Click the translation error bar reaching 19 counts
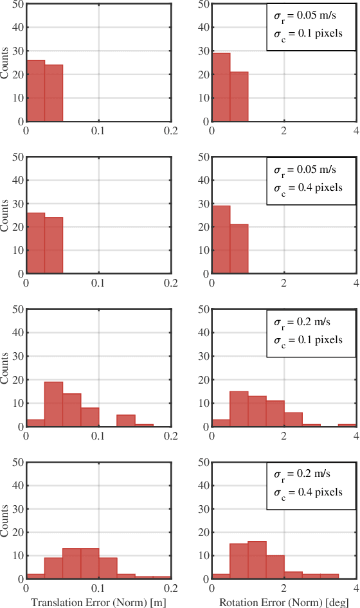tap(53, 404)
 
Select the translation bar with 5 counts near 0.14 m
tap(126, 420)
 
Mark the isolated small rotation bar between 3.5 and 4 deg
tap(348, 425)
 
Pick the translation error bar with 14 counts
tap(71, 410)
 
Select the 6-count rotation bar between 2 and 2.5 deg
tap(293, 419)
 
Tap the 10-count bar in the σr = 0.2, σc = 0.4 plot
tap(275, 567)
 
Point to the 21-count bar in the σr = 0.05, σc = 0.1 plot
tap(239, 96)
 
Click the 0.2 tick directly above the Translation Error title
tap(171, 587)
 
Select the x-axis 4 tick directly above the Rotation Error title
tap(355, 587)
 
